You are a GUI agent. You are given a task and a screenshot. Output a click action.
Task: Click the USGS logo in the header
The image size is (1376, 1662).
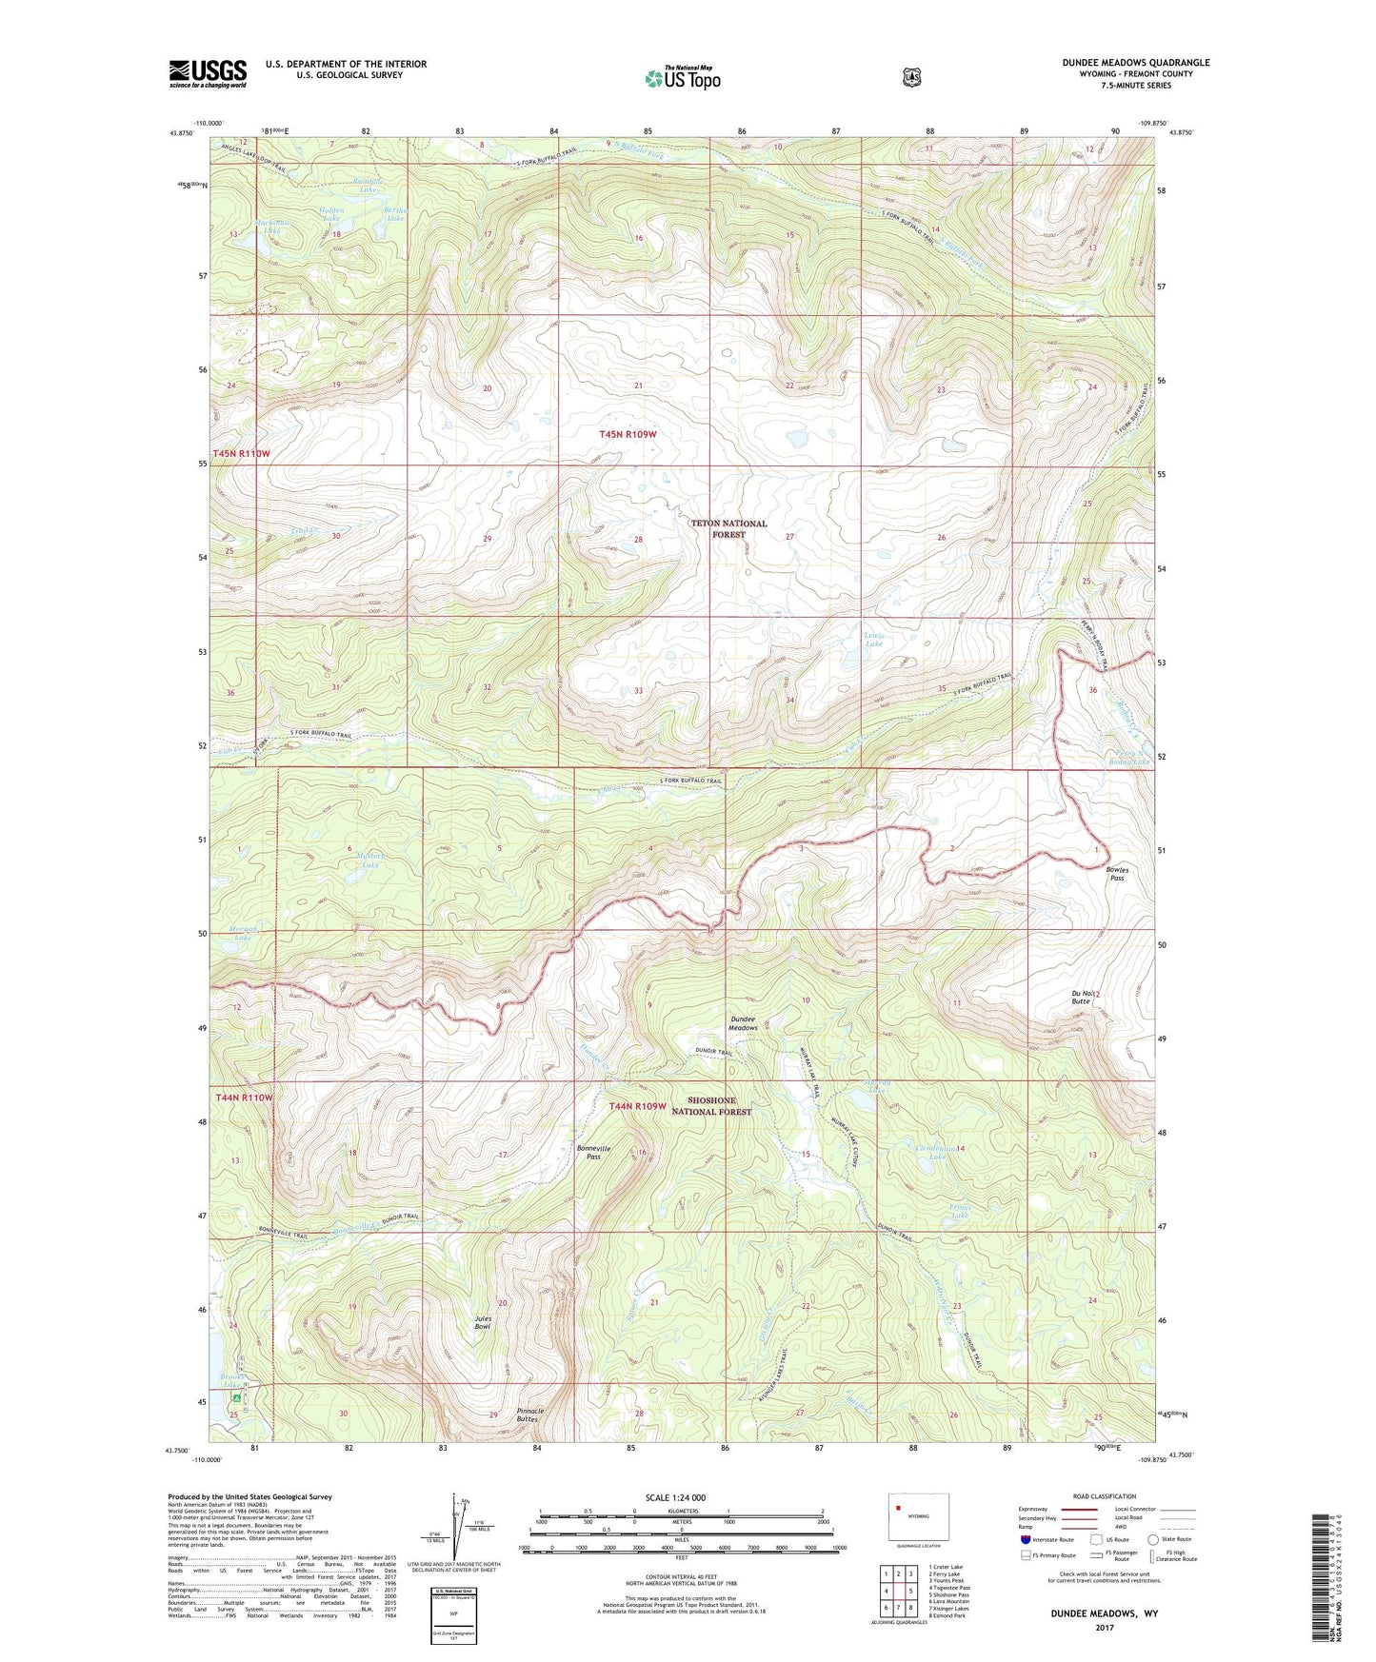click(x=208, y=73)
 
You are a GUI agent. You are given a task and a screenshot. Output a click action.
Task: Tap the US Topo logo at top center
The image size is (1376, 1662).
click(x=682, y=78)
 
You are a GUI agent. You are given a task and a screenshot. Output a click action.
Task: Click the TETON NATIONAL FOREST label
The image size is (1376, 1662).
click(x=728, y=529)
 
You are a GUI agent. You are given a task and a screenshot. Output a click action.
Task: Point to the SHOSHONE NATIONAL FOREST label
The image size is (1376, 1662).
click(x=711, y=1106)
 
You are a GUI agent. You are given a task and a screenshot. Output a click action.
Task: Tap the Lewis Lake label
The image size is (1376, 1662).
click(x=873, y=640)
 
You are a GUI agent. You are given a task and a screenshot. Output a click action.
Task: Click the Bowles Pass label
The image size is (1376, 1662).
click(x=1117, y=874)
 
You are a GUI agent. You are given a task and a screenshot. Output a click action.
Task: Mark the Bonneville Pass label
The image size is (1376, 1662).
click(x=593, y=1152)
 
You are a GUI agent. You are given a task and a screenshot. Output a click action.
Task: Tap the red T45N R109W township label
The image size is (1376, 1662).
click(x=628, y=434)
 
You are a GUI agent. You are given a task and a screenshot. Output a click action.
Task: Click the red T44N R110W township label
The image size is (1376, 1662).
click(x=244, y=1098)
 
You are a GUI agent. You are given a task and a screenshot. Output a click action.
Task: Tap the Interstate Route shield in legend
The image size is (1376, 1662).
click(x=1025, y=1539)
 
